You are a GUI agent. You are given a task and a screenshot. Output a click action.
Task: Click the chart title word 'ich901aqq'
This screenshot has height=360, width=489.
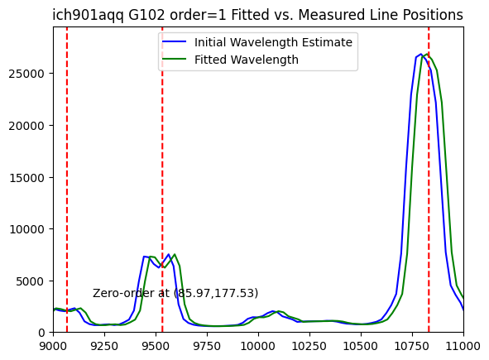pyautogui.click(x=88, y=15)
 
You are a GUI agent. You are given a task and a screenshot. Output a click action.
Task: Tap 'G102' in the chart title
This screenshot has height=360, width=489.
pyautogui.click(x=146, y=15)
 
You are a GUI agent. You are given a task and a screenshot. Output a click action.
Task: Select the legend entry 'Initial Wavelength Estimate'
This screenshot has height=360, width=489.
pyautogui.click(x=273, y=42)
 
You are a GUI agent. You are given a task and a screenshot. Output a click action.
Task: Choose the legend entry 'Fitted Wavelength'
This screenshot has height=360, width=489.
pyautogui.click(x=247, y=60)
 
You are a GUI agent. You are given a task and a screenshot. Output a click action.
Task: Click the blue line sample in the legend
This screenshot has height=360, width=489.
pyautogui.click(x=174, y=42)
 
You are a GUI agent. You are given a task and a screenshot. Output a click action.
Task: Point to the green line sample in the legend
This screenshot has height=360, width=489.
pyautogui.click(x=174, y=60)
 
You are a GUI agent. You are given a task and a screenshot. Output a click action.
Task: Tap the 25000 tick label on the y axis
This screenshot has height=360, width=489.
pyautogui.click(x=26, y=74)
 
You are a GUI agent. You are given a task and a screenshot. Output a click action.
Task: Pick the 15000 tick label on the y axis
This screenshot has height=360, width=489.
pyautogui.click(x=26, y=178)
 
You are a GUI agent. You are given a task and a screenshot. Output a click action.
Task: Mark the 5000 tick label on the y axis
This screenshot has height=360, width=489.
pyautogui.click(x=30, y=281)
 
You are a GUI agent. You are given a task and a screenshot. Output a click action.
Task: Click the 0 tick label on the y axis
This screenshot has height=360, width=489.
pyautogui.click(x=41, y=334)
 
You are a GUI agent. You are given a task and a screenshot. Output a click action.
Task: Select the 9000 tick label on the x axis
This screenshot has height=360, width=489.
pyautogui.click(x=53, y=346)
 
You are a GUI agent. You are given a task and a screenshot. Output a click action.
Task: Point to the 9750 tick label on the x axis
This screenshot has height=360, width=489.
pyautogui.click(x=207, y=346)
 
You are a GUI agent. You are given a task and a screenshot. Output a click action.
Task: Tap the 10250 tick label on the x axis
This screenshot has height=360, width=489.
pyautogui.click(x=309, y=346)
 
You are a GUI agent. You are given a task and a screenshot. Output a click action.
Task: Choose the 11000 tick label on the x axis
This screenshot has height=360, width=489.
pyautogui.click(x=463, y=346)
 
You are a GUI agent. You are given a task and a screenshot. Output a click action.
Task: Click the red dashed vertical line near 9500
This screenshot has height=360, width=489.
pyautogui.click(x=162, y=180)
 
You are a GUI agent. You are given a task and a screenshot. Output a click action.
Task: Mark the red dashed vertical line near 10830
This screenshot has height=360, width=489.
pyautogui.click(x=429, y=180)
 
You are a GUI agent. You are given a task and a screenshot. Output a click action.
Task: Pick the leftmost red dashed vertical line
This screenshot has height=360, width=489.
pyautogui.click(x=67, y=180)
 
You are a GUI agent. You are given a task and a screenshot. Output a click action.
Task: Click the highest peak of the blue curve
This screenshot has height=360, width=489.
pyautogui.click(x=420, y=54)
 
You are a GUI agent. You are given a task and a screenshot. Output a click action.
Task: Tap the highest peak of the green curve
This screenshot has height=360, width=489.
pyautogui.click(x=427, y=54)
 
